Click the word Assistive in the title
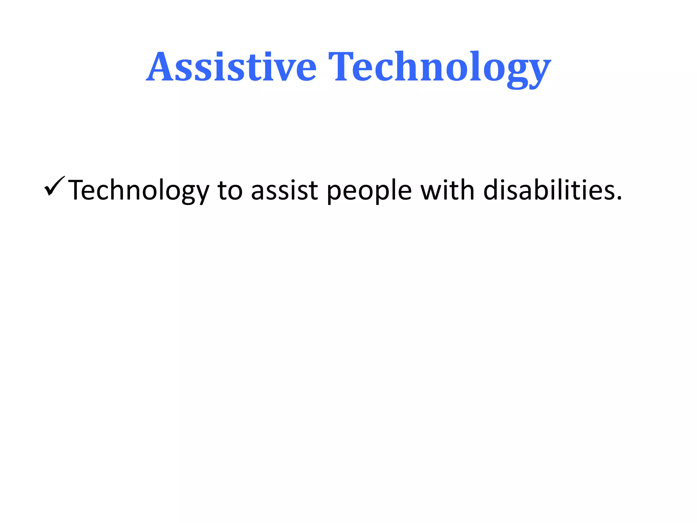pos(231,67)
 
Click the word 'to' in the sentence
pos(230,191)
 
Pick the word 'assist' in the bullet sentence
pos(284,191)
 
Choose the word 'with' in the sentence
pos(447,190)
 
